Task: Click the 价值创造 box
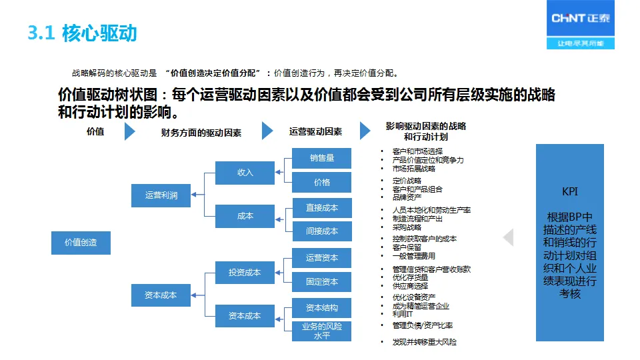(81, 243)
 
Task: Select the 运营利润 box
(161, 195)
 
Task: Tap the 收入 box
(245, 173)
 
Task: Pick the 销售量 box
(322, 158)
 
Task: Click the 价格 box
(322, 182)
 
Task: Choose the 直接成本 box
(322, 208)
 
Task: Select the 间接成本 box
(322, 231)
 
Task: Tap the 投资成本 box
(245, 273)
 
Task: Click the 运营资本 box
(322, 258)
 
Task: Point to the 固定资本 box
(322, 282)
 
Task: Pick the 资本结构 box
(322, 308)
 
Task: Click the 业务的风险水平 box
(322, 331)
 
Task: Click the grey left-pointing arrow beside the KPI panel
(509, 238)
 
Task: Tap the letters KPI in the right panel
(570, 192)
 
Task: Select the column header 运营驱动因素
(315, 132)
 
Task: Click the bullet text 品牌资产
(407, 198)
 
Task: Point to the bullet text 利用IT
(403, 314)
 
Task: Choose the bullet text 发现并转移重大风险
(425, 342)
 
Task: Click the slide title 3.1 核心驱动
(83, 33)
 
